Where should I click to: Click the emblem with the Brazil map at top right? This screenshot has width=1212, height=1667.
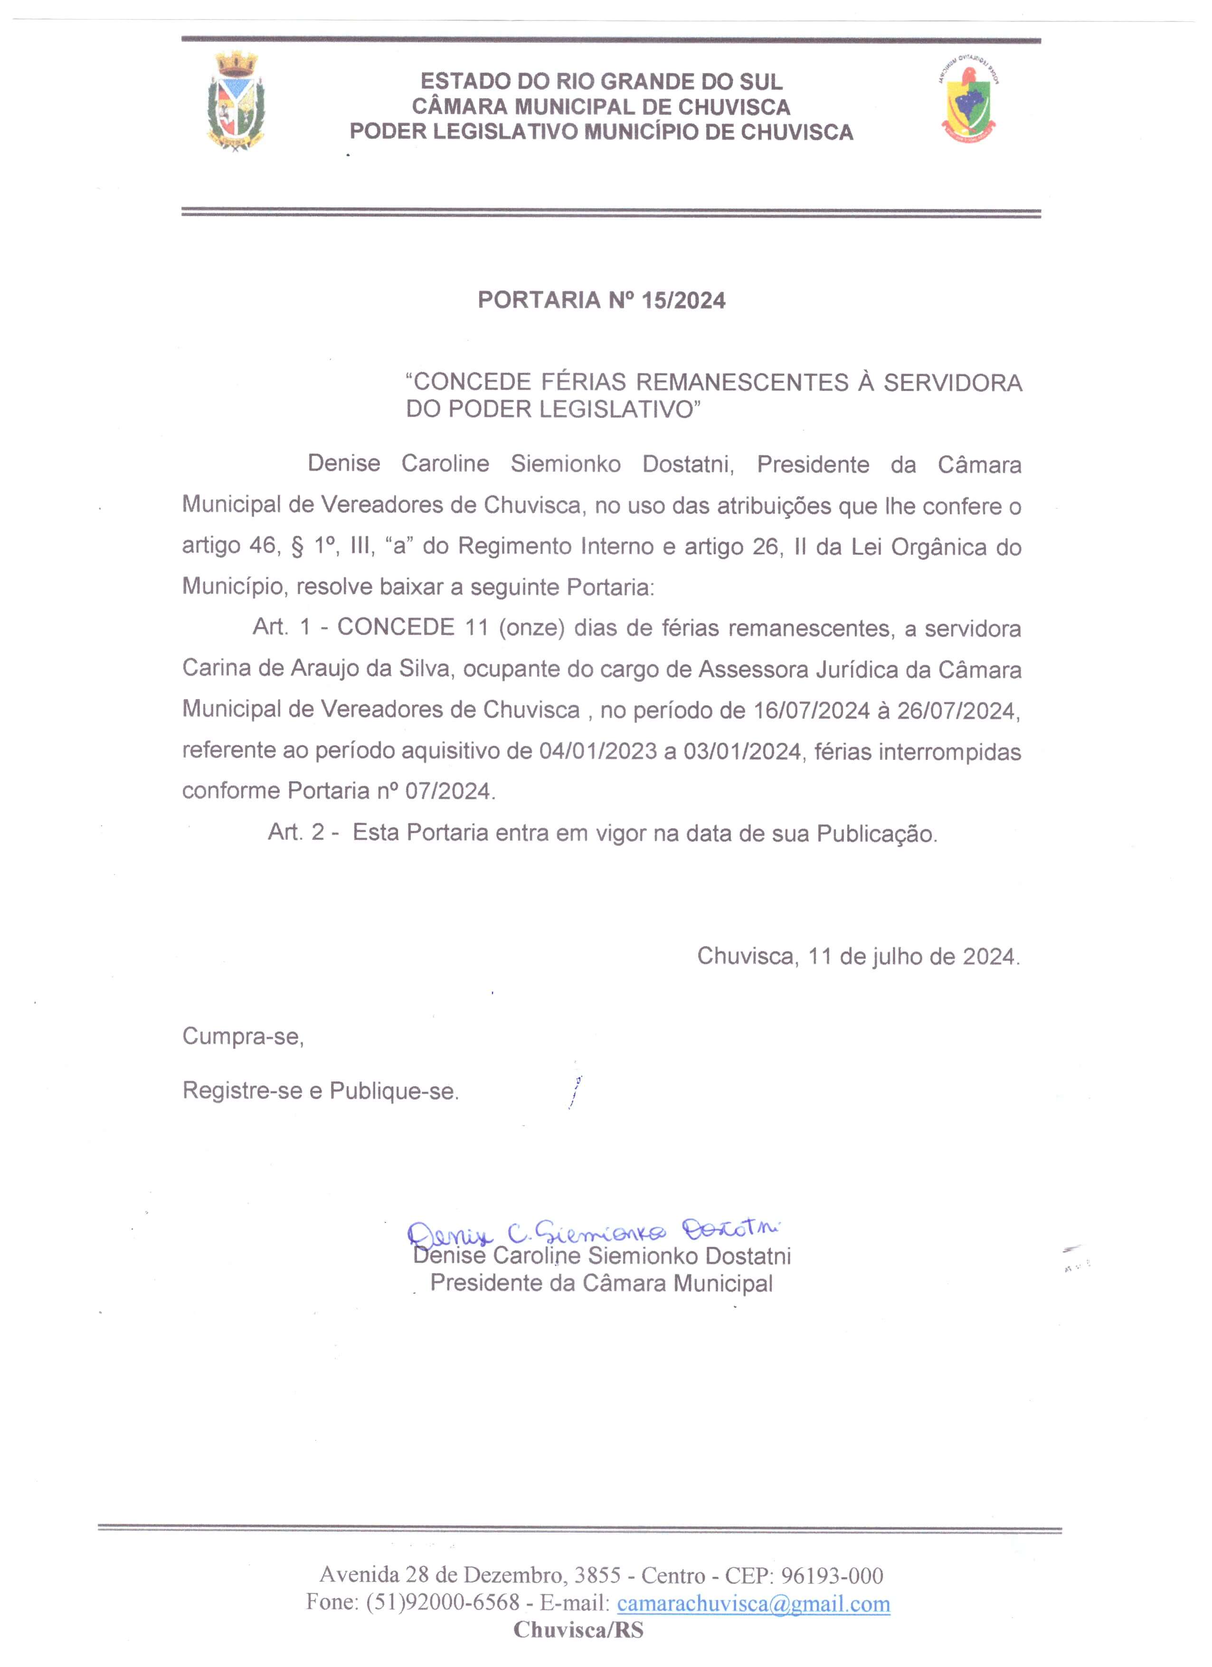pyautogui.click(x=969, y=101)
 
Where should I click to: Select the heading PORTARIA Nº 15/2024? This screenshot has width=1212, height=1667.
pyautogui.click(x=601, y=300)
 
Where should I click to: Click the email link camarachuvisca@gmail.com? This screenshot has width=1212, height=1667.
pyautogui.click(x=753, y=1603)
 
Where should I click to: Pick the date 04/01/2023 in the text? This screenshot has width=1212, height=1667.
pyautogui.click(x=597, y=751)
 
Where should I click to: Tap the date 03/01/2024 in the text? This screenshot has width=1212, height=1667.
pyautogui.click(x=742, y=751)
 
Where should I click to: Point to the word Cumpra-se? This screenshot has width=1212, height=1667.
pyautogui.click(x=243, y=1036)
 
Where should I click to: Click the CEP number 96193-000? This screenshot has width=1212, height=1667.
pyautogui.click(x=832, y=1575)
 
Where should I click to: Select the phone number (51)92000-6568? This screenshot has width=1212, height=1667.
pyautogui.click(x=443, y=1603)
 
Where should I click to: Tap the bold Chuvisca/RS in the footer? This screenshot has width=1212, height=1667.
pyautogui.click(x=578, y=1630)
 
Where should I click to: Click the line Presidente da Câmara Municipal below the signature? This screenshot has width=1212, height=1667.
pyautogui.click(x=601, y=1283)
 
